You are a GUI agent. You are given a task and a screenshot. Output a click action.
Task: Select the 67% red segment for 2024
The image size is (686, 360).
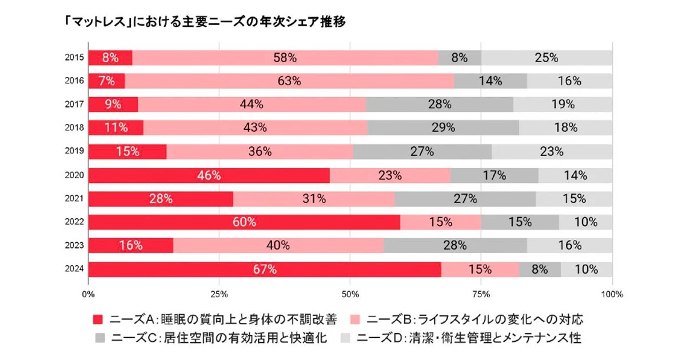[265, 269]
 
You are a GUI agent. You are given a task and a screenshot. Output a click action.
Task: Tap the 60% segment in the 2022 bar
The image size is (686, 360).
[244, 222]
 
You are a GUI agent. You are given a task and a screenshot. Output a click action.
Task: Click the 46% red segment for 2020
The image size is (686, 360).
[209, 175]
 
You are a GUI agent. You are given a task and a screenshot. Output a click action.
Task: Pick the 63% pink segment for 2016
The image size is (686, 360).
[289, 81]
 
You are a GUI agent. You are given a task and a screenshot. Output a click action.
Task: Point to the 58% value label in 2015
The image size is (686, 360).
[285, 58]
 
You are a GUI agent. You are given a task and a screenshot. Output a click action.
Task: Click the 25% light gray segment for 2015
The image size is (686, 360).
[546, 58]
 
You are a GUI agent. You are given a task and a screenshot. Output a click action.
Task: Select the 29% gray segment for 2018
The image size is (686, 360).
[443, 128]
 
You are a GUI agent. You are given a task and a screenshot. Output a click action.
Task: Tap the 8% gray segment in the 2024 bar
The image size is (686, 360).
[540, 269]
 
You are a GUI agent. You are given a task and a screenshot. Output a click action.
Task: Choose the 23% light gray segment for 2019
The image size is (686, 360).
[552, 151]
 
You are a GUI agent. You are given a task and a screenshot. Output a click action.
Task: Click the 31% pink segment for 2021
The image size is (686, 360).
[314, 199]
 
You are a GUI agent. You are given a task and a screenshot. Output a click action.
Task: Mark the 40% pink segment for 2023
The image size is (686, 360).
[278, 246]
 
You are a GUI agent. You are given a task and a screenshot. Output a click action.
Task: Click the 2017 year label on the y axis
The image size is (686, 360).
[75, 105]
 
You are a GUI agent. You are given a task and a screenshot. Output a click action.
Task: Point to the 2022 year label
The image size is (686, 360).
[75, 222]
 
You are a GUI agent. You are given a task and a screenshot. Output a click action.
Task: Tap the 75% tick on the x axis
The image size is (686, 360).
[481, 295]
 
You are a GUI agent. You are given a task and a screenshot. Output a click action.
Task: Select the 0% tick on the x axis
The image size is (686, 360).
[88, 295]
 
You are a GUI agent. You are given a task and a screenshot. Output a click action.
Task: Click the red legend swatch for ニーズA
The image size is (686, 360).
[98, 318]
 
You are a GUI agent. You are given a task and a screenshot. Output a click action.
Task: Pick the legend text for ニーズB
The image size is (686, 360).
[475, 318]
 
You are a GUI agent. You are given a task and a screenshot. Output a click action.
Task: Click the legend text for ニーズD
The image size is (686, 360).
[469, 338]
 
